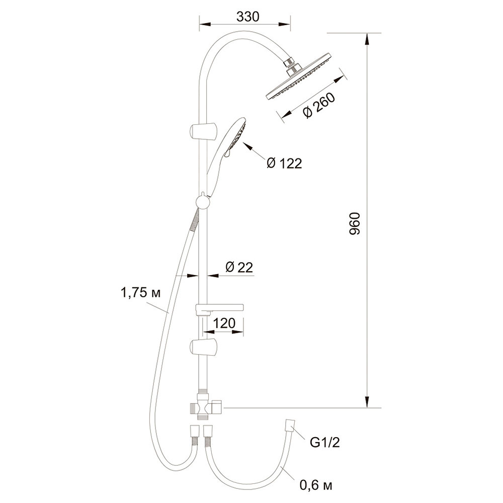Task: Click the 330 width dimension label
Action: click(x=247, y=17)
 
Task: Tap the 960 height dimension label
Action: click(x=355, y=223)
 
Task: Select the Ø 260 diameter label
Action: click(x=319, y=105)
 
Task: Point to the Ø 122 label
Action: click(x=284, y=163)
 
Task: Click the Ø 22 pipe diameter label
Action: click(x=239, y=267)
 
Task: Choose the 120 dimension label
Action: click(x=224, y=323)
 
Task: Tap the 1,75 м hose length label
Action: click(x=140, y=293)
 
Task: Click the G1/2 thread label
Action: click(x=324, y=443)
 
